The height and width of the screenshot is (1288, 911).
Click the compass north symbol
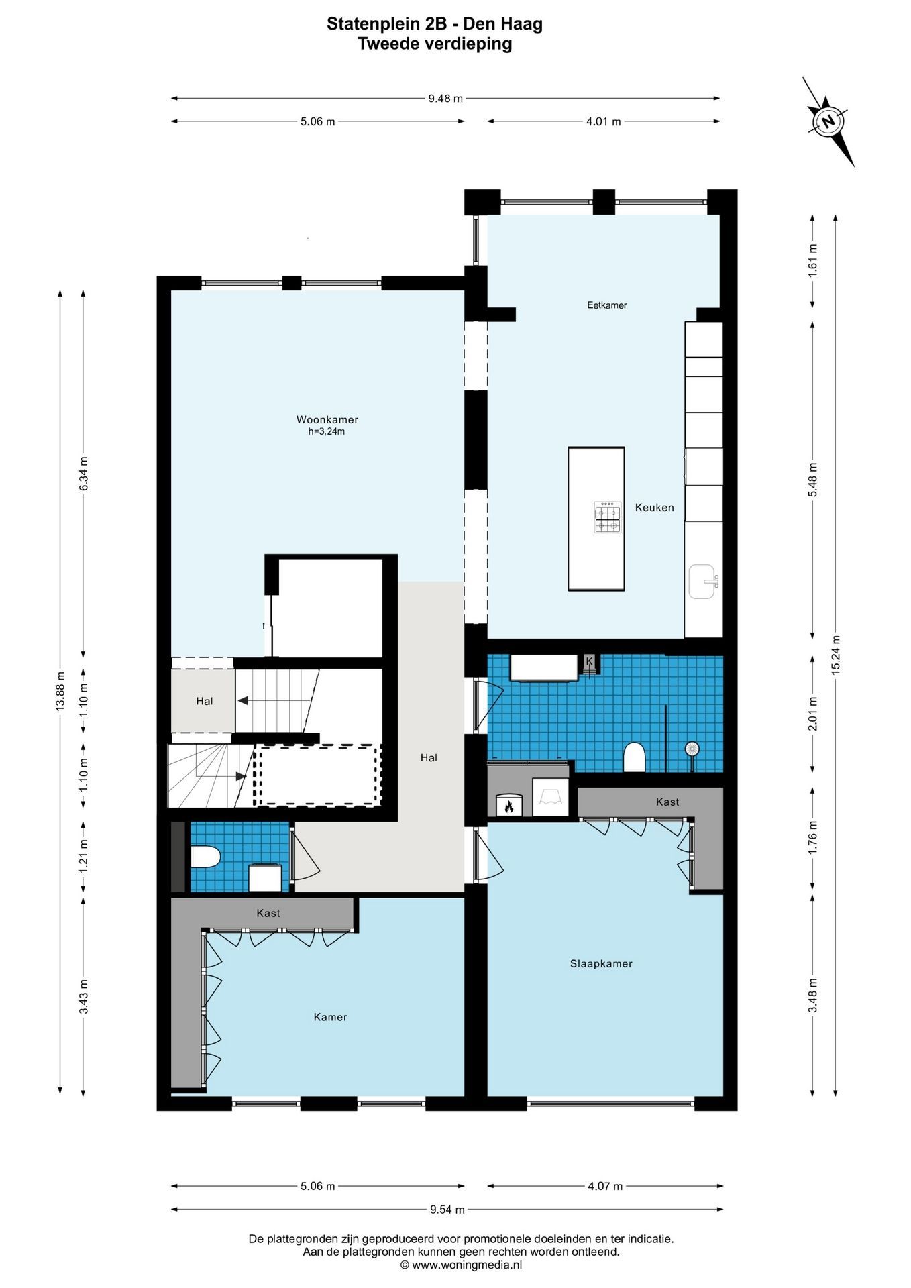(x=828, y=121)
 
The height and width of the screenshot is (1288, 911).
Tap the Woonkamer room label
(x=327, y=420)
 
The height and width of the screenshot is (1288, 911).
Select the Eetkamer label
(x=607, y=305)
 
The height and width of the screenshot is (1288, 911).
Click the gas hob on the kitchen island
(x=608, y=517)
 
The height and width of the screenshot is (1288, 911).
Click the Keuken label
(x=655, y=508)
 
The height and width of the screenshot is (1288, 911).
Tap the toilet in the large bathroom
(x=634, y=757)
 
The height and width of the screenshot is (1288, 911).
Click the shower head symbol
(x=692, y=749)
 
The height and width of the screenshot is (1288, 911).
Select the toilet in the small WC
(x=206, y=857)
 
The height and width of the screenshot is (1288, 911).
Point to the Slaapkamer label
(x=601, y=964)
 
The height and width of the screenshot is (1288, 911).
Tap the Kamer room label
(x=331, y=1017)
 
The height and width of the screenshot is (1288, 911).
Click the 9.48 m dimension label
(x=445, y=99)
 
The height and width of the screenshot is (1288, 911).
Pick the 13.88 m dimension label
(x=60, y=691)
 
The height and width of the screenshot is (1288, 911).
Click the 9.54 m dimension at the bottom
(x=447, y=1210)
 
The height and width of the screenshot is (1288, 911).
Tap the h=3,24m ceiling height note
(x=327, y=432)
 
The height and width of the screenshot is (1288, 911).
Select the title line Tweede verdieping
(x=435, y=44)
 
